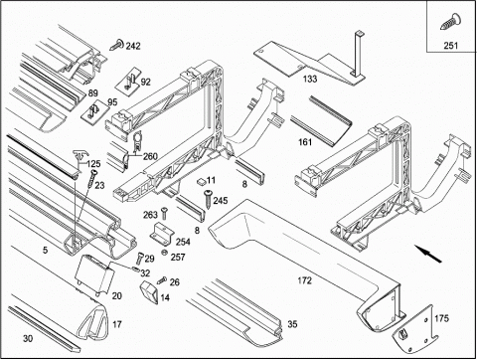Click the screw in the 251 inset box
(449, 22)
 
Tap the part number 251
(451, 46)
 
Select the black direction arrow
(428, 254)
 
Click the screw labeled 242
(116, 44)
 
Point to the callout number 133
(310, 79)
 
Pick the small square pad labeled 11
(201, 181)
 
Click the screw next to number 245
(208, 199)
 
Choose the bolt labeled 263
(164, 213)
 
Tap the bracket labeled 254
(161, 234)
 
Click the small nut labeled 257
(164, 253)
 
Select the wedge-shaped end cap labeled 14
(149, 292)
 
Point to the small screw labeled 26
(162, 280)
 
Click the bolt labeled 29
(139, 258)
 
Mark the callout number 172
(304, 280)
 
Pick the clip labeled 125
(80, 158)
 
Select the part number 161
(305, 142)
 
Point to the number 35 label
(292, 324)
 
